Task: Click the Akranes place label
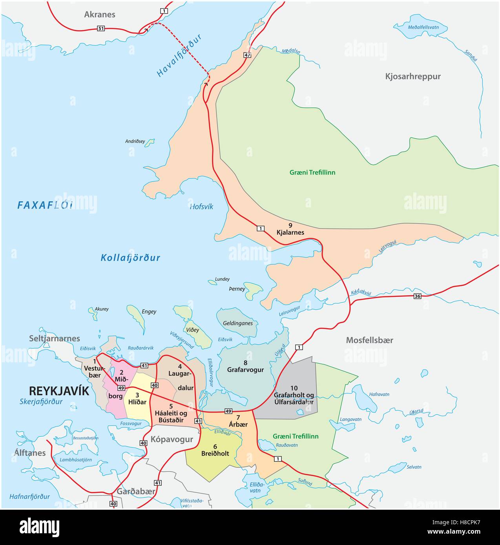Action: pyautogui.click(x=100, y=15)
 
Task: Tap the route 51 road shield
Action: pyautogui.click(x=101, y=28)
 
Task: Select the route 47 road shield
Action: pyautogui.click(x=247, y=55)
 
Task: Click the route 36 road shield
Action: pyautogui.click(x=417, y=296)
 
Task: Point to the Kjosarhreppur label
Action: pyautogui.click(x=412, y=76)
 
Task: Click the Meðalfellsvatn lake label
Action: pyautogui.click(x=423, y=27)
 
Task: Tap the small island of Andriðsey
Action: pyautogui.click(x=150, y=143)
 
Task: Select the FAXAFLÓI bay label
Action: pyautogui.click(x=45, y=205)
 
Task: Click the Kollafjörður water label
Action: pyautogui.click(x=130, y=258)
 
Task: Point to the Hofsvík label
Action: pyautogui.click(x=201, y=207)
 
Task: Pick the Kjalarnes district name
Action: pyautogui.click(x=290, y=232)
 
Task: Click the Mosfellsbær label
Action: pyautogui.click(x=369, y=340)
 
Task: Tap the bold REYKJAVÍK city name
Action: pyautogui.click(x=59, y=391)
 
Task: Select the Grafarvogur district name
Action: pyautogui.click(x=245, y=369)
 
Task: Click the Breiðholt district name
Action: pyautogui.click(x=215, y=453)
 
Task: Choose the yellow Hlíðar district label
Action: pyautogui.click(x=137, y=401)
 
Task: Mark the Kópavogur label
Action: pyautogui.click(x=172, y=439)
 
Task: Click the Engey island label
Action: pyautogui.click(x=149, y=312)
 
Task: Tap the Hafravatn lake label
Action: pyautogui.click(x=379, y=394)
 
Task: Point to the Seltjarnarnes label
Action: pyautogui.click(x=54, y=338)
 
